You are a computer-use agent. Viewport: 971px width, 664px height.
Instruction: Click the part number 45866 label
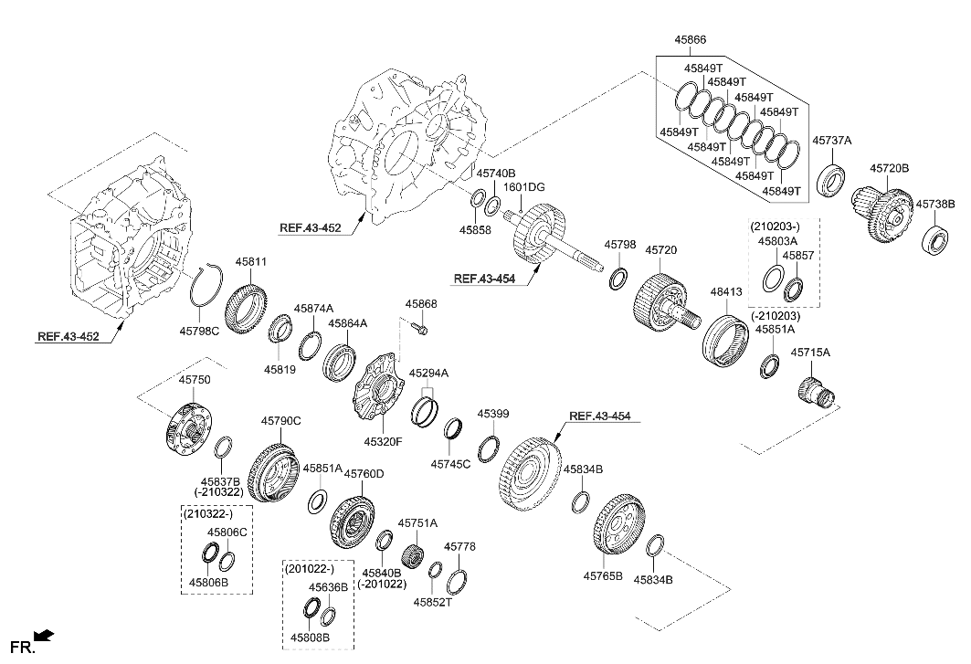pos(690,40)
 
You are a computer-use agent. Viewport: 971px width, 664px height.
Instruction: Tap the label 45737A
pos(831,141)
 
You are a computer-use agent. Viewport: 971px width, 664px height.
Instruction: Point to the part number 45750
pos(194,379)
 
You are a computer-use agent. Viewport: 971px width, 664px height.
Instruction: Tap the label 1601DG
pos(524,187)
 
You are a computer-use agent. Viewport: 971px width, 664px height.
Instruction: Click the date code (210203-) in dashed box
pos(776,226)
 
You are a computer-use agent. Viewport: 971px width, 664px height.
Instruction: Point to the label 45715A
pos(810,352)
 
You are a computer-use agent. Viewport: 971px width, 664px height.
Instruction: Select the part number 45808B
pos(311,637)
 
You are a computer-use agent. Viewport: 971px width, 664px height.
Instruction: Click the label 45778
pos(459,546)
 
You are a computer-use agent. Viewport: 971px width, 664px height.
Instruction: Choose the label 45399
pos(493,414)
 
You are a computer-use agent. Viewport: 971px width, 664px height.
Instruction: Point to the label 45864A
pos(348,323)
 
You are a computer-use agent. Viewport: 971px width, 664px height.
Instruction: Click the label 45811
pos(251,261)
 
